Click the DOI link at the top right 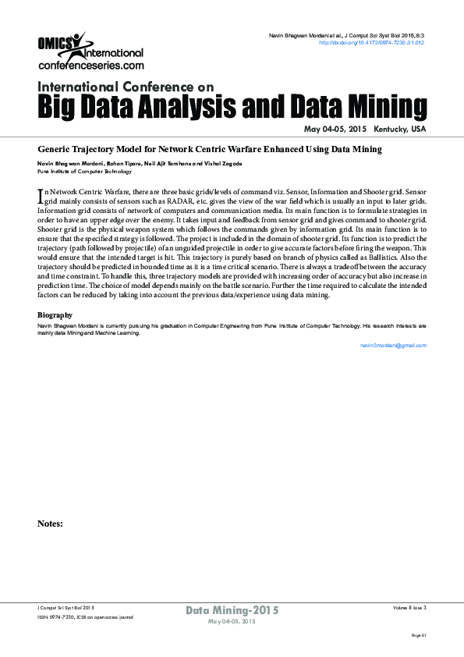pos(372,43)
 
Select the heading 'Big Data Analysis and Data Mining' pos(232,106)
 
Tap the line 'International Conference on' pos(126,86)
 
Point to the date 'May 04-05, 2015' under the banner pos(335,129)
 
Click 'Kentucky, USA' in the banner pos(400,129)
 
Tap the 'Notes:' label pos(50,524)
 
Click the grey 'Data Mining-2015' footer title pos(232,610)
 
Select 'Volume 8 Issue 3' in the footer pos(409,606)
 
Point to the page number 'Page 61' pos(419,636)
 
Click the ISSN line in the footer pos(85,616)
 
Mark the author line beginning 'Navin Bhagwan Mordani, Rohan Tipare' pos(140,163)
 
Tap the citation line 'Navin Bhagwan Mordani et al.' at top pos(346,36)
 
